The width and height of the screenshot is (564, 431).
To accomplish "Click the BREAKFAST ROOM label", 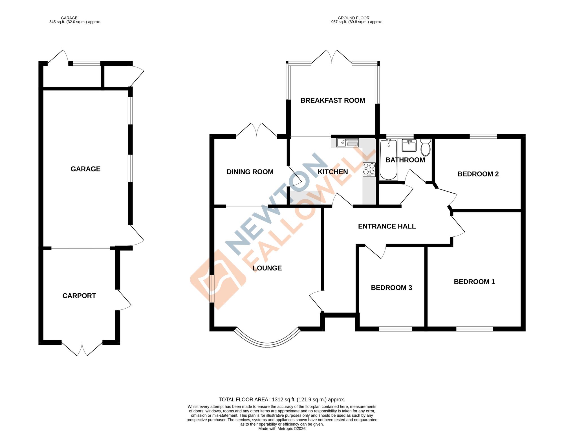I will click(332, 100).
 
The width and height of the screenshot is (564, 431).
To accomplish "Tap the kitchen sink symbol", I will click(347, 143).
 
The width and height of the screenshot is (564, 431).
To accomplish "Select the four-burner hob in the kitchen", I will click(369, 169).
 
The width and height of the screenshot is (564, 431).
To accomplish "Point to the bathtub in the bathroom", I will click(388, 160).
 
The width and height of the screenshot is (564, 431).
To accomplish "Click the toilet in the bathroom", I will click(426, 147).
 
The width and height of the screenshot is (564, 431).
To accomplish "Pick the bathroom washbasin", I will click(409, 145).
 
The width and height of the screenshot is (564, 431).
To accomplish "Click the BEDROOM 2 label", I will click(478, 174).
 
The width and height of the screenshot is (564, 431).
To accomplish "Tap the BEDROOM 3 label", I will click(391, 288).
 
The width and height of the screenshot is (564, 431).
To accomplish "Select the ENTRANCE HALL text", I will click(387, 226).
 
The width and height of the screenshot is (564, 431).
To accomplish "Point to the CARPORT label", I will click(79, 296).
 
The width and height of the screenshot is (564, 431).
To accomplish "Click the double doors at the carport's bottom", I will click(82, 349).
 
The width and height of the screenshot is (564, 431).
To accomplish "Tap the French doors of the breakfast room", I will click(332, 57).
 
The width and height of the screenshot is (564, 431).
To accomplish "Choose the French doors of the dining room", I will click(256, 130).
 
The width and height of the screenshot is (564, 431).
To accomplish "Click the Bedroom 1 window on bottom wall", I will click(474, 329).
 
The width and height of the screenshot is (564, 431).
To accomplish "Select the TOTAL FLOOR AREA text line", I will click(282, 399).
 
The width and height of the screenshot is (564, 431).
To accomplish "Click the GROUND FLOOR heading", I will click(353, 18).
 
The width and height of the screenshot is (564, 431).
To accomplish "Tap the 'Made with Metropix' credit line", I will click(282, 428).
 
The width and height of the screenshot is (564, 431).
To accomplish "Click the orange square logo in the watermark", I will click(218, 279).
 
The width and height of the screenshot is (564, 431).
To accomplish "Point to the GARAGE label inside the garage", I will click(85, 169).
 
